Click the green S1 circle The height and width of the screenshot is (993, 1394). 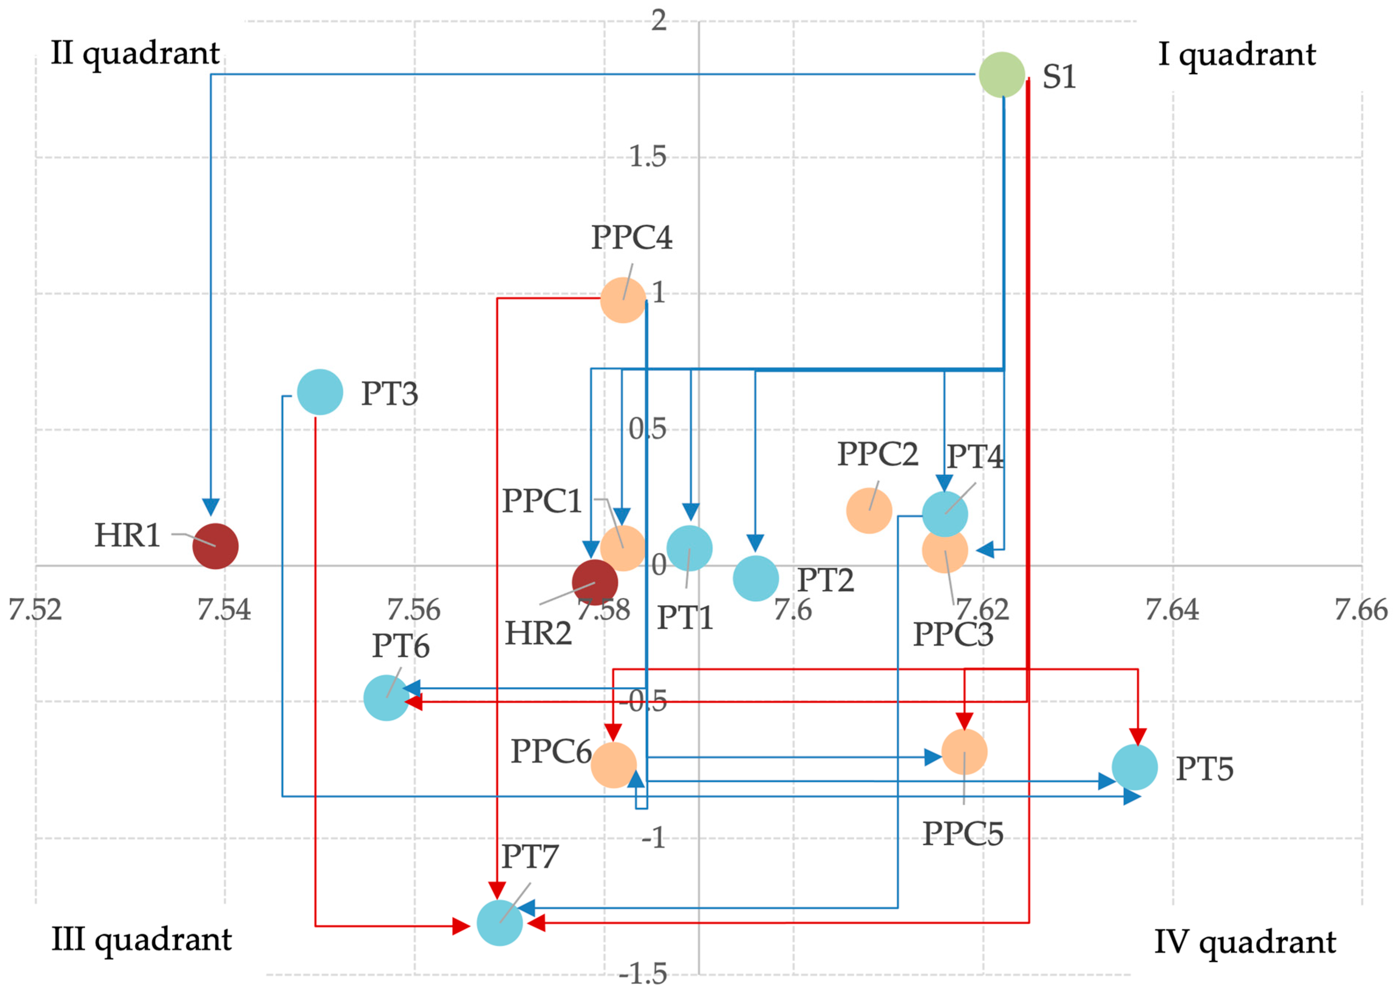1001,75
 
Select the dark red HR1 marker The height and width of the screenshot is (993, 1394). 215,546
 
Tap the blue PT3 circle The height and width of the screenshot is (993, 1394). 320,392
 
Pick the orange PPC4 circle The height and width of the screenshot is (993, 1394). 623,300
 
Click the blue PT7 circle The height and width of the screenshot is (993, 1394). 500,923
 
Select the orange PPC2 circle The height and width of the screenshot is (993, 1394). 869,511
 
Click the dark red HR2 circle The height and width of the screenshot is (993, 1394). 595,582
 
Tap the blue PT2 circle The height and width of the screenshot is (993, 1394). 755,578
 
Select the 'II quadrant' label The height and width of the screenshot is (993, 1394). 135,54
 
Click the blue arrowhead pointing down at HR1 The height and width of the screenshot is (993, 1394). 211,507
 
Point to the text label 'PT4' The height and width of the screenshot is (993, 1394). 975,456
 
